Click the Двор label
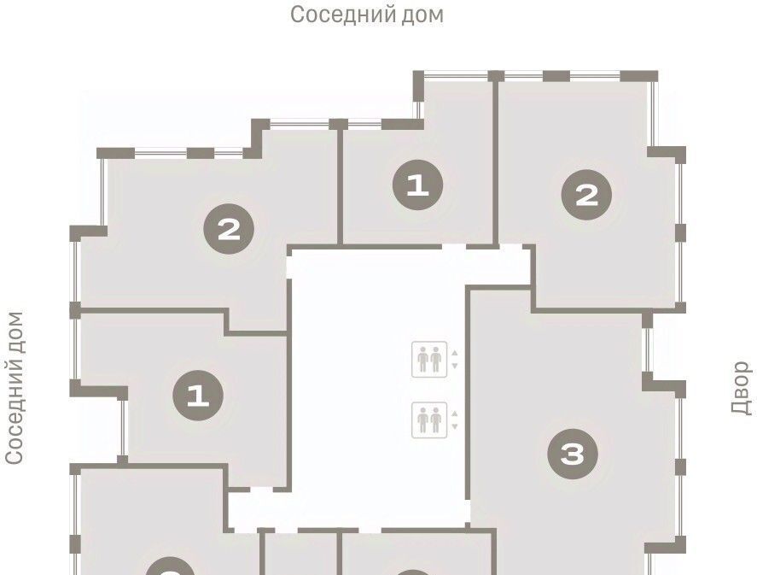point(741,388)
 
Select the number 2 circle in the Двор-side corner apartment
point(586,195)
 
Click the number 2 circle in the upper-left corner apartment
point(229,229)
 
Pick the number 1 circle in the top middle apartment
point(417,185)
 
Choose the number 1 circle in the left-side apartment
point(198,396)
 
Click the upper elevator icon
point(429,360)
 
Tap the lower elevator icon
point(429,420)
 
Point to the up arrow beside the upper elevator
point(454,353)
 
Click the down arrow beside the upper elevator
point(454,366)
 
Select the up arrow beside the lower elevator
point(454,414)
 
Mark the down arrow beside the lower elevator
point(454,426)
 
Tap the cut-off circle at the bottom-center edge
point(414,572)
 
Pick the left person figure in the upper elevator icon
point(423,360)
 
